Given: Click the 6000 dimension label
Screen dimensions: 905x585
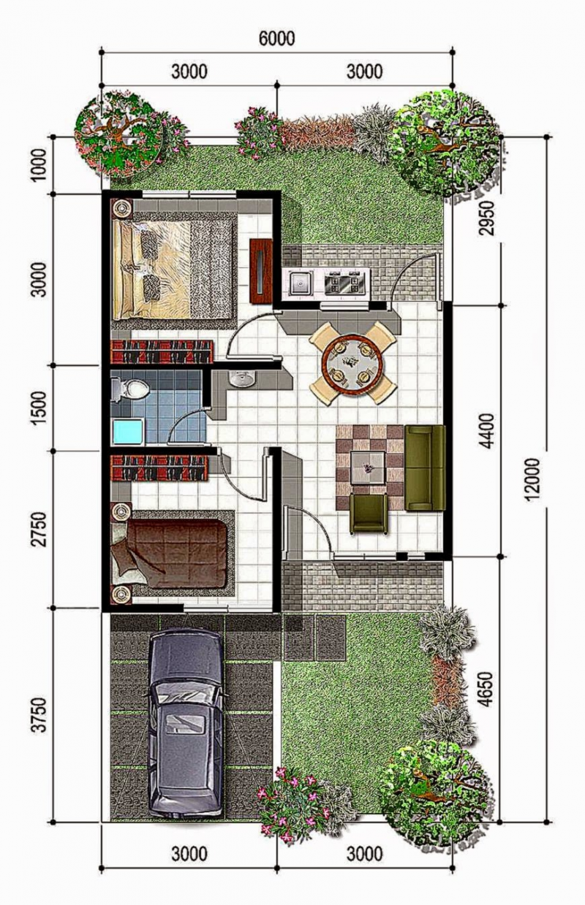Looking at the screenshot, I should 277,39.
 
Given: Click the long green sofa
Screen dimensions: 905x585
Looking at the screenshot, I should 425,467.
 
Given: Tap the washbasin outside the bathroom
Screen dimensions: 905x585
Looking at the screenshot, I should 239,378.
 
